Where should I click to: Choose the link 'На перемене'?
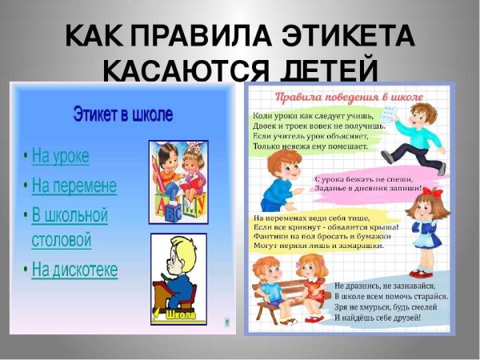[74, 186]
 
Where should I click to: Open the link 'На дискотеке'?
[74, 270]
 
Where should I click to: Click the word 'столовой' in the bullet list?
[62, 239]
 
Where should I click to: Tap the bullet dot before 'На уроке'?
[26, 155]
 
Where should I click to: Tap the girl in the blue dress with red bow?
[424, 224]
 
